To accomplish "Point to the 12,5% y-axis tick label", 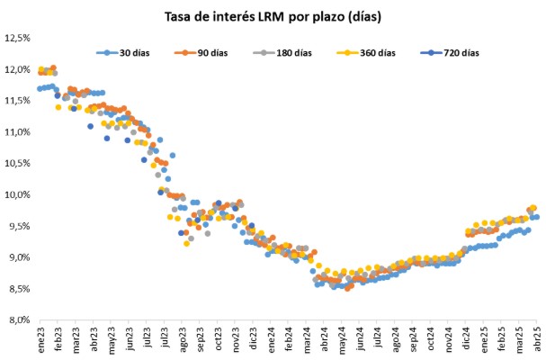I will pos(19,38).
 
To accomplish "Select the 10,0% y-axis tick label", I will pos(19,194).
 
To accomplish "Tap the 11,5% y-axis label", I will pos(19,101).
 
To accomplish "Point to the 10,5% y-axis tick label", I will pos(19,163).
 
